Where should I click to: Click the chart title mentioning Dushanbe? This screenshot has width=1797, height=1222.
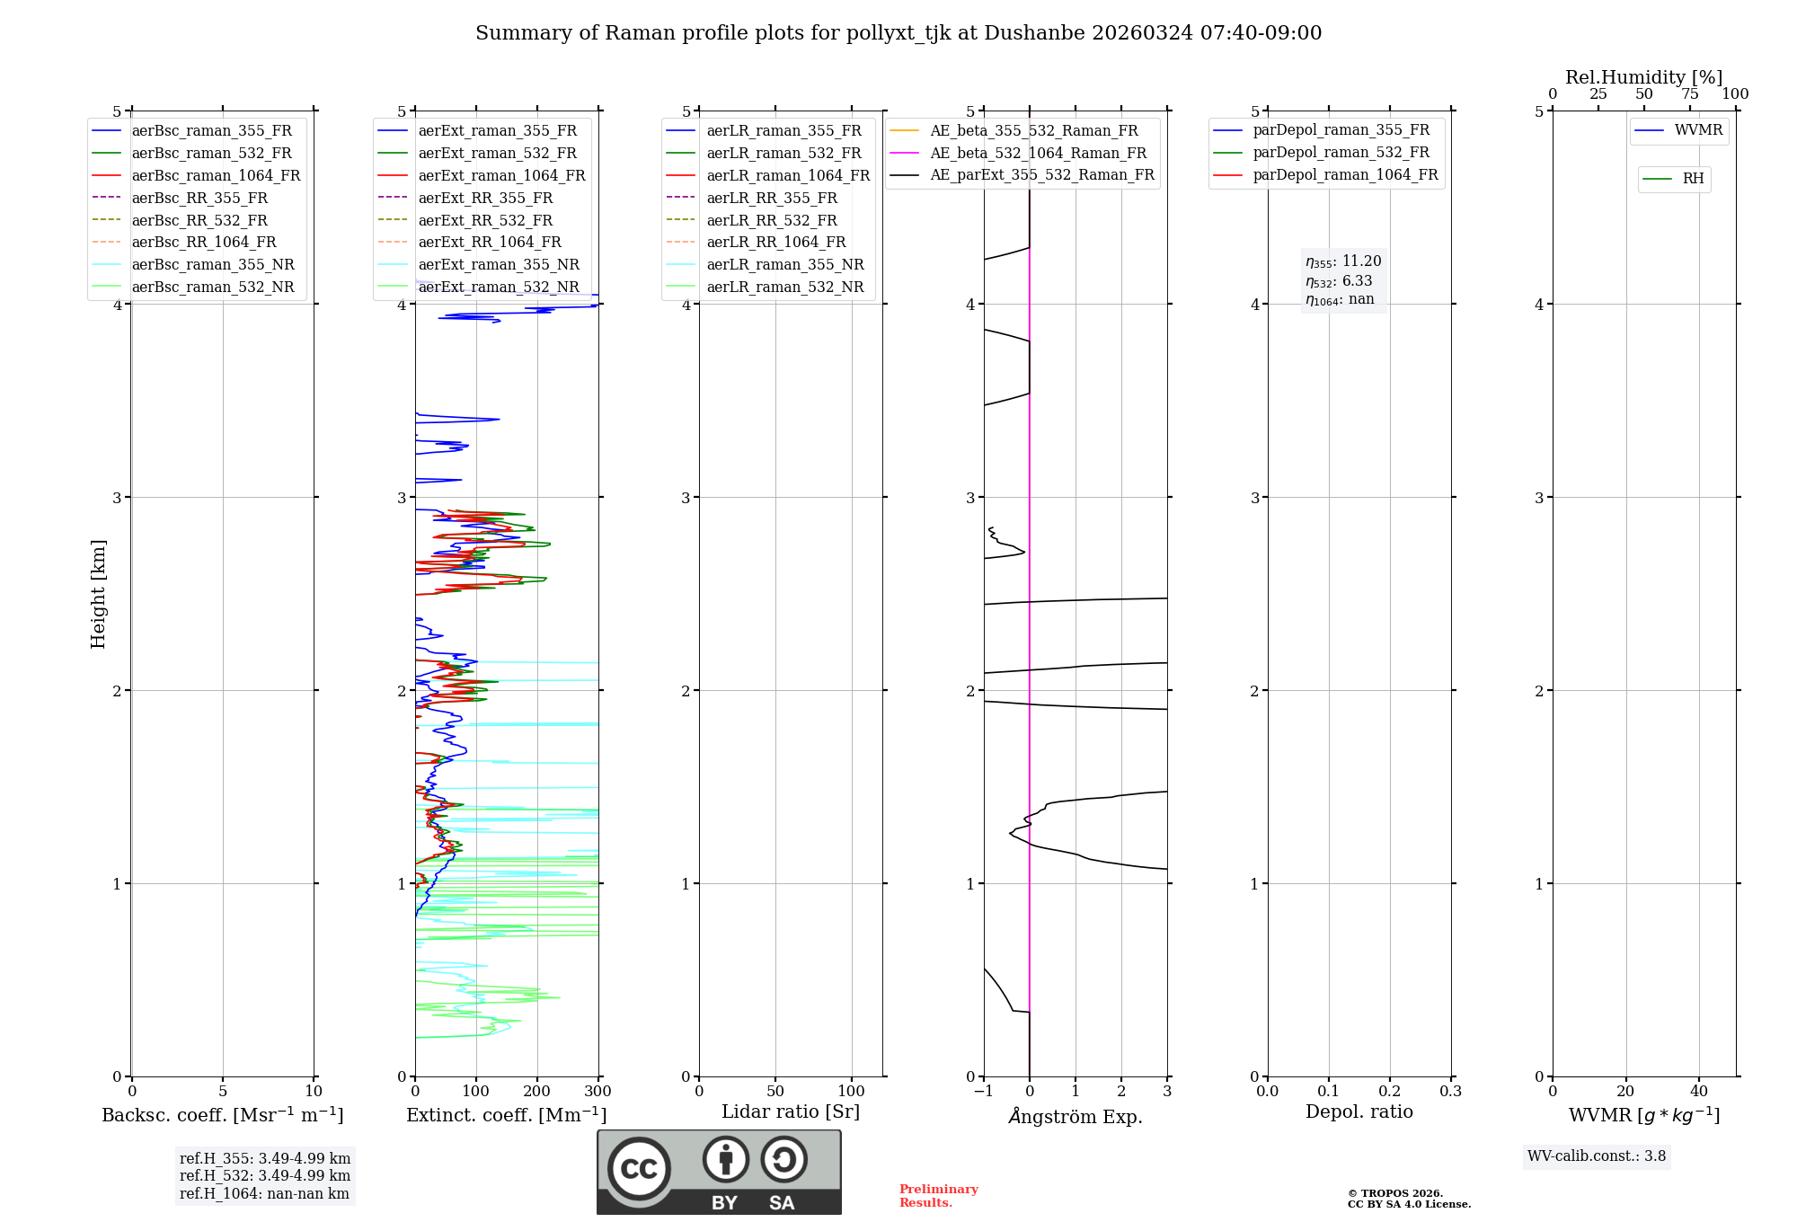(898, 33)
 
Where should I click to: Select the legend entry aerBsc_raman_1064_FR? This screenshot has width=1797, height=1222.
(216, 176)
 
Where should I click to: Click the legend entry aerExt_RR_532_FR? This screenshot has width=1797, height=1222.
(485, 220)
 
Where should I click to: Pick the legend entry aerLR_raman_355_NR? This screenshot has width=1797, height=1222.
(784, 265)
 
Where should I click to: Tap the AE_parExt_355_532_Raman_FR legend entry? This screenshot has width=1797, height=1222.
(1042, 175)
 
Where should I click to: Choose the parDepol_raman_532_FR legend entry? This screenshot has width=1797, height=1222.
(1341, 153)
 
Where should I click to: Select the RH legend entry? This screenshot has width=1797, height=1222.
(1693, 179)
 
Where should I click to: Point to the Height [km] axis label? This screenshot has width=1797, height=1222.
(98, 594)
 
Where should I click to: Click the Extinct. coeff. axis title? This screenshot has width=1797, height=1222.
(507, 1115)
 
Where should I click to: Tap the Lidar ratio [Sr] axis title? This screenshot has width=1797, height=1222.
(791, 1112)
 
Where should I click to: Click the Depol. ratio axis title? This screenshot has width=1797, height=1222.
(1359, 1112)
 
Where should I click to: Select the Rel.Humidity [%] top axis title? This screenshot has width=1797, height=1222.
(1643, 77)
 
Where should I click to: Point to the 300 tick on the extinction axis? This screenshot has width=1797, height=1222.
(598, 1092)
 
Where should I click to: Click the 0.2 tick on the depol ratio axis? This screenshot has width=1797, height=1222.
(1390, 1092)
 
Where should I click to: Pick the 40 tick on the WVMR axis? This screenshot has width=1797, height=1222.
(1698, 1092)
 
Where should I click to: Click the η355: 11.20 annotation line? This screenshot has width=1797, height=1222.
(1343, 261)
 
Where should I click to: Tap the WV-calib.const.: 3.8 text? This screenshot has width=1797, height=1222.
(1597, 1156)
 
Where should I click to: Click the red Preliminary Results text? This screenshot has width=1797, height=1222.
(938, 1196)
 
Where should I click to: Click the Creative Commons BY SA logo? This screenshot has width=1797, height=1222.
(719, 1173)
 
